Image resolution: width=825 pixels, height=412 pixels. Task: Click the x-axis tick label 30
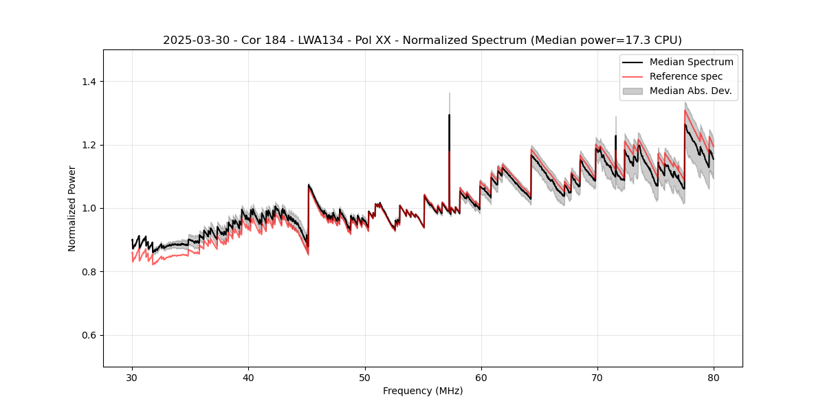pyautogui.click(x=132, y=377)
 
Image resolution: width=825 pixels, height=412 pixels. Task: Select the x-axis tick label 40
pyautogui.click(x=248, y=377)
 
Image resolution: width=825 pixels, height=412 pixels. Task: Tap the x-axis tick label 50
pyautogui.click(x=364, y=377)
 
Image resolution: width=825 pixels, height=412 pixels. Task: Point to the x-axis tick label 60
pyautogui.click(x=481, y=377)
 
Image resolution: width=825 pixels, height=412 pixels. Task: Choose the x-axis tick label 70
pyautogui.click(x=597, y=377)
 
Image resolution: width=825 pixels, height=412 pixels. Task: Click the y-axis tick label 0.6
pyautogui.click(x=88, y=335)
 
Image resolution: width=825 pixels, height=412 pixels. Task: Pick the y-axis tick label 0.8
pyautogui.click(x=88, y=272)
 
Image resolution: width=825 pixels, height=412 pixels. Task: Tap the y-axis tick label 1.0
pyautogui.click(x=88, y=208)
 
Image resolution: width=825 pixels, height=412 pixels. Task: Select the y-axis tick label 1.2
pyautogui.click(x=88, y=145)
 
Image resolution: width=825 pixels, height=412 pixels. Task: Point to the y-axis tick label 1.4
pyautogui.click(x=88, y=82)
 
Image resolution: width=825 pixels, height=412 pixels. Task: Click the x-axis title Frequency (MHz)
pyautogui.click(x=423, y=391)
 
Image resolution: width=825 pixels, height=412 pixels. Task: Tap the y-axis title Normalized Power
pyautogui.click(x=72, y=208)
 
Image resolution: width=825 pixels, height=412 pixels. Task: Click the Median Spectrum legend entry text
pyautogui.click(x=691, y=62)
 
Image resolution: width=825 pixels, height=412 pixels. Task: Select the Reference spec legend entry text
pyautogui.click(x=686, y=76)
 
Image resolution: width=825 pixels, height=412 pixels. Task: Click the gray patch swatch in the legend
pyautogui.click(x=632, y=91)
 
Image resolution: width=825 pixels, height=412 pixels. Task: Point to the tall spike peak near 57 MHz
pyautogui.click(x=449, y=115)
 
